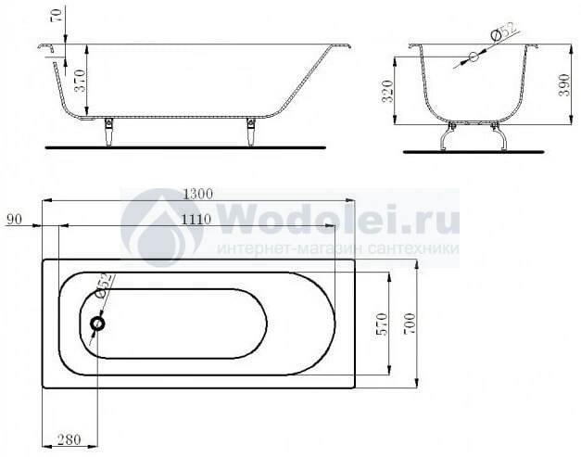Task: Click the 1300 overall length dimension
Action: pyautogui.click(x=198, y=194)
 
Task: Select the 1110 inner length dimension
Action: pyautogui.click(x=196, y=220)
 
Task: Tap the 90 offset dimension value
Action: pyautogui.click(x=14, y=219)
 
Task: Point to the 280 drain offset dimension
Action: pyautogui.click(x=69, y=439)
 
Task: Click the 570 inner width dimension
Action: pyautogui.click(x=382, y=324)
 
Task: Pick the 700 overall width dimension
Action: pyautogui.click(x=409, y=324)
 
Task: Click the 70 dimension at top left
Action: pyautogui.click(x=57, y=15)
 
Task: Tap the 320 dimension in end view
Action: pyautogui.click(x=387, y=92)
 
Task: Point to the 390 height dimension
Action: pyautogui.click(x=564, y=85)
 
